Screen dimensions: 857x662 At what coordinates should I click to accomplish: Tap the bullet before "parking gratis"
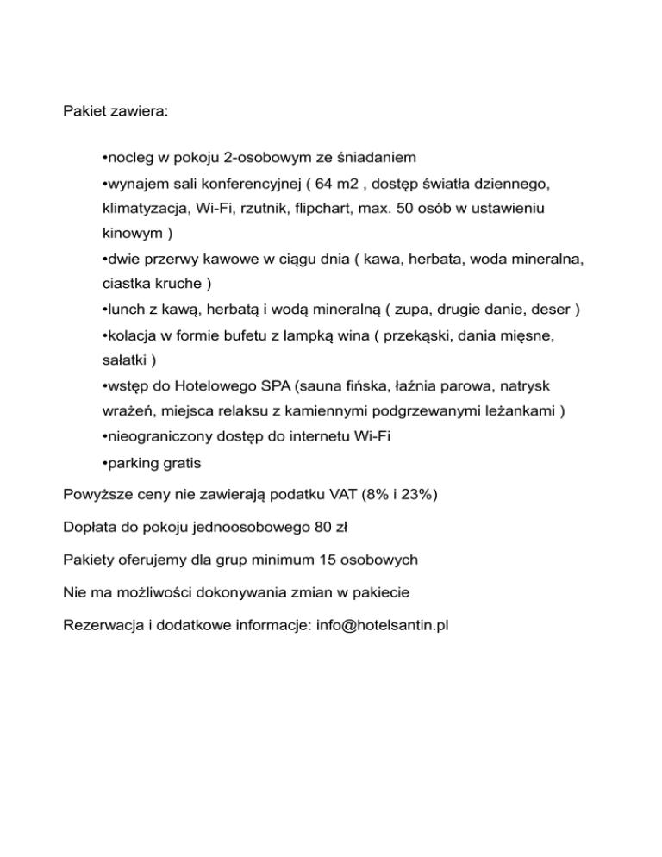point(103,463)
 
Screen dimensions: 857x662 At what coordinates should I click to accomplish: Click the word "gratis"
point(180,463)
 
